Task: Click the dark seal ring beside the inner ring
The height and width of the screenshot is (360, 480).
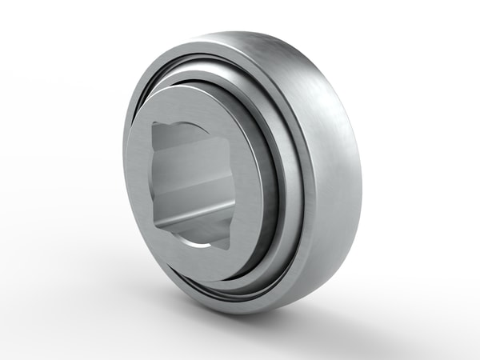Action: click(x=276, y=184)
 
